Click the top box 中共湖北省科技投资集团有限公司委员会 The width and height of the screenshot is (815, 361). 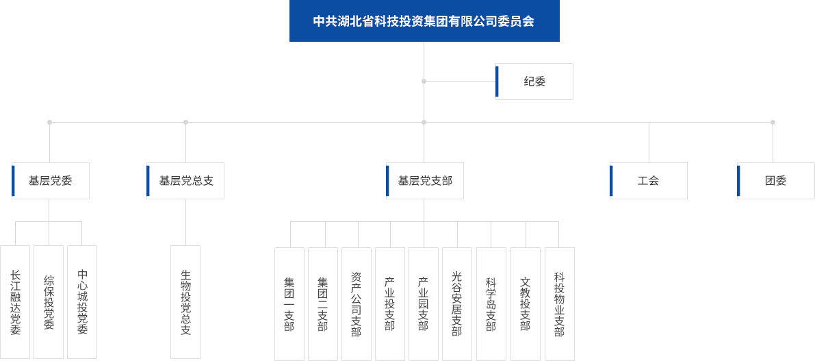pos(424,21)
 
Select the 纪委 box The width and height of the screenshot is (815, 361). pos(534,82)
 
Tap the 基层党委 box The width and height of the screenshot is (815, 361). pos(50,181)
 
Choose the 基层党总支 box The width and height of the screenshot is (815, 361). pos(185,181)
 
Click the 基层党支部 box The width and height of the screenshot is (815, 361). pos(425,181)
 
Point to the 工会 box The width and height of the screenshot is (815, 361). pos(648,181)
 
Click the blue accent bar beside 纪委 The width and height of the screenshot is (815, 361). pos(497,82)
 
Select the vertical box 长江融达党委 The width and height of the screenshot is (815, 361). pos(15,302)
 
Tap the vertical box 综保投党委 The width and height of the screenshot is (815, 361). pos(49,302)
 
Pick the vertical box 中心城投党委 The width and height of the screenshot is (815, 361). pos(82,302)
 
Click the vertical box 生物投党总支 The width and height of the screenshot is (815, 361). pos(185,302)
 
